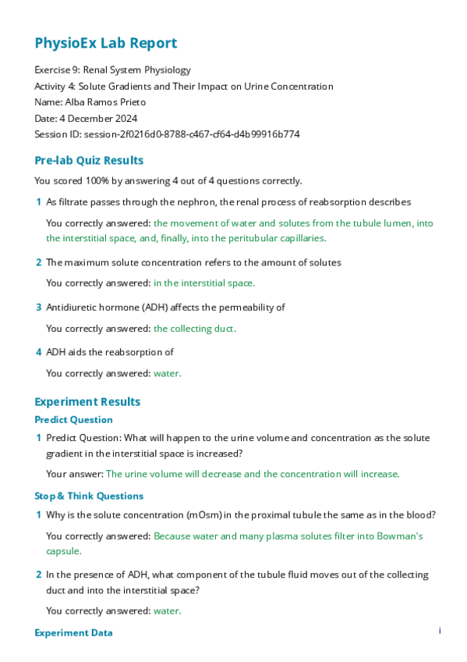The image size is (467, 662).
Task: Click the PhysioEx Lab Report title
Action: click(x=106, y=44)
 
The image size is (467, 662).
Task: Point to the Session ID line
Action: click(x=167, y=134)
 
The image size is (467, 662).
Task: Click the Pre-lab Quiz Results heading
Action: click(x=89, y=161)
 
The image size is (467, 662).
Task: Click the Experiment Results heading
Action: click(x=87, y=402)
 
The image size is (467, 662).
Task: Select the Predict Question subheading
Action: click(x=73, y=420)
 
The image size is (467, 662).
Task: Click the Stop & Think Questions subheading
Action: click(x=89, y=496)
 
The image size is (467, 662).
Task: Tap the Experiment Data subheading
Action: click(x=73, y=633)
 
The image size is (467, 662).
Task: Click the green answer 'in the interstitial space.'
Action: click(x=204, y=283)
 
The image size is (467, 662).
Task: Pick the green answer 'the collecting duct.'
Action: click(x=195, y=329)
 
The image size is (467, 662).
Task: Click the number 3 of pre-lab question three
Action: click(x=39, y=308)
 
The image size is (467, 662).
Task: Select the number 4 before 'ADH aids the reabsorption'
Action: click(x=39, y=353)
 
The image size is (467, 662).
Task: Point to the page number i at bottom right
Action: click(x=440, y=631)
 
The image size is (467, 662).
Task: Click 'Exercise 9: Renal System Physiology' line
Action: click(x=112, y=70)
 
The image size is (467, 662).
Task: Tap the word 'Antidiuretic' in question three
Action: click(x=73, y=308)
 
